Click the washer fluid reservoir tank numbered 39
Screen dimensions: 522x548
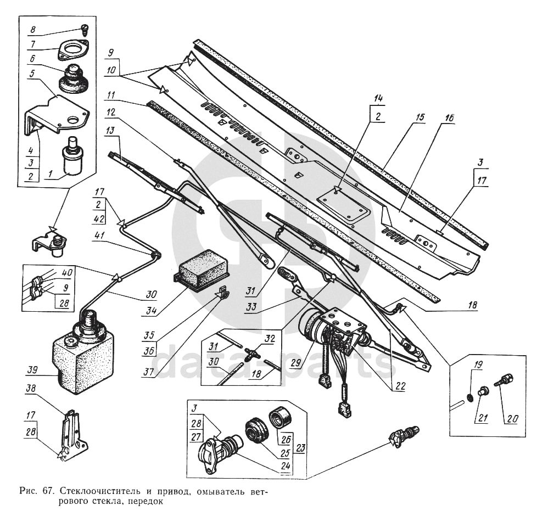pyautogui.click(x=82, y=360)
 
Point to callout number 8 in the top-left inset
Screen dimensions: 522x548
pyautogui.click(x=32, y=30)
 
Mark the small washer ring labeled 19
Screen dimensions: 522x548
pyautogui.click(x=469, y=396)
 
